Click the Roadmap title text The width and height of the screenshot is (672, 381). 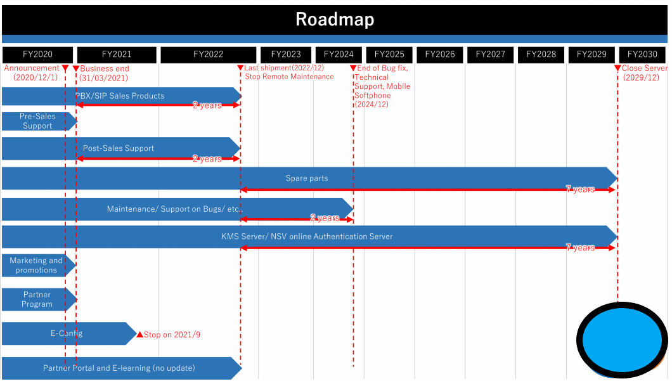(x=335, y=19)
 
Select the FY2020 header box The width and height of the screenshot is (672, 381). (x=37, y=55)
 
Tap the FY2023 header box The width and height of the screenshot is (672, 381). (x=286, y=55)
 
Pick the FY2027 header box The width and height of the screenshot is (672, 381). (x=490, y=55)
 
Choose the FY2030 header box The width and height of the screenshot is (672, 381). (x=642, y=55)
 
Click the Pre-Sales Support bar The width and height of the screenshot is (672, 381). (x=39, y=121)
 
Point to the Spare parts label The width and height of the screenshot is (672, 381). (x=307, y=178)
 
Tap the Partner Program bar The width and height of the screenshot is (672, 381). (x=39, y=299)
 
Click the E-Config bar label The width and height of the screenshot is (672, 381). (x=67, y=333)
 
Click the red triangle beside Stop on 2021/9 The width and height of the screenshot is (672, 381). (x=139, y=334)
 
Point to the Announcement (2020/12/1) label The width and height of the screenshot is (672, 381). (x=32, y=73)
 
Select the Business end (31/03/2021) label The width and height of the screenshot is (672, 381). (x=104, y=74)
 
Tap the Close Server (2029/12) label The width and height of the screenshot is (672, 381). (x=644, y=73)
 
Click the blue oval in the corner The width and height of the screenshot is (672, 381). (x=622, y=340)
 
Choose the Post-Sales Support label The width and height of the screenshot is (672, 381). (x=119, y=148)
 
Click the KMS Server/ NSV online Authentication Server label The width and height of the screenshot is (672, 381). (x=307, y=236)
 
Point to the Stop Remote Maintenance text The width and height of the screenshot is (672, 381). (x=289, y=77)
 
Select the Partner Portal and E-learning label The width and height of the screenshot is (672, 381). (x=119, y=368)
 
